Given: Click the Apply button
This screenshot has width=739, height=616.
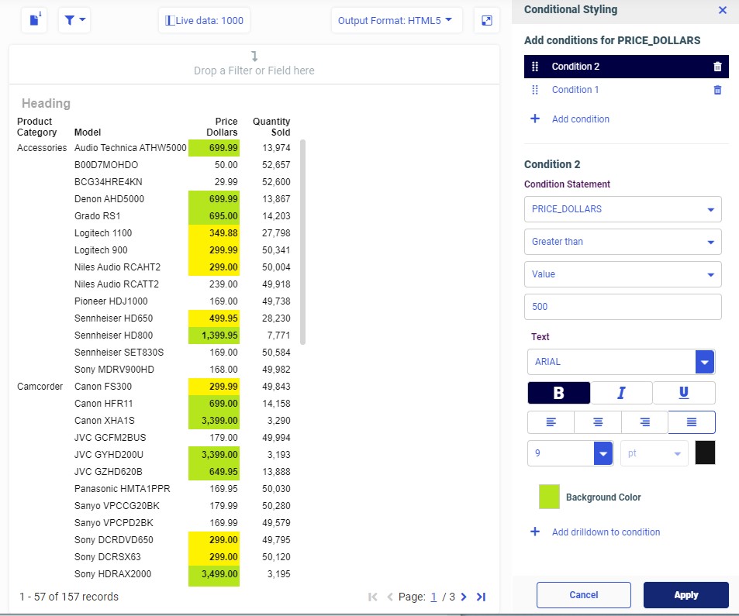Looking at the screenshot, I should (685, 595).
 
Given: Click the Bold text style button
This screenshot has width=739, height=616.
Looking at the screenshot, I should (558, 393).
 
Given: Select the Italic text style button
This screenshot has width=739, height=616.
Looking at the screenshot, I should (621, 393).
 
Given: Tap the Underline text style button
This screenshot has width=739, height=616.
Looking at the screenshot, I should (683, 393).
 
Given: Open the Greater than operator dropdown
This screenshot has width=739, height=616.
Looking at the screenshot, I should (623, 242).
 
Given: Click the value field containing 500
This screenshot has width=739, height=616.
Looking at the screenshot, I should (623, 307).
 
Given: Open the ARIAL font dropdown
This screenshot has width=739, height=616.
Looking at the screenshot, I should (705, 362).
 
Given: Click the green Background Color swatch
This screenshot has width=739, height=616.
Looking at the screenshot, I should (549, 497).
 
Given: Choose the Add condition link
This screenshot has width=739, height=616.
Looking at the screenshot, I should (580, 119).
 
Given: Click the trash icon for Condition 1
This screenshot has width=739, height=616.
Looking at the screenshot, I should (717, 90).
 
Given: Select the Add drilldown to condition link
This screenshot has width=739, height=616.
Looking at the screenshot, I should (606, 532).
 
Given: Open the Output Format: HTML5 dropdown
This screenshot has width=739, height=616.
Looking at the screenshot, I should (396, 20).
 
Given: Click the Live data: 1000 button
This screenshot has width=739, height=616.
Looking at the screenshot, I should (205, 20).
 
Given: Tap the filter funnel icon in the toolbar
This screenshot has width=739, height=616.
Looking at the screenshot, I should (74, 20).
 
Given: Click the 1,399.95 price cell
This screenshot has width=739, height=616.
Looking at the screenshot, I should (214, 336).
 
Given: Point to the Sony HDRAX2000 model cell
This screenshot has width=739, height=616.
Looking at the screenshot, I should (113, 574).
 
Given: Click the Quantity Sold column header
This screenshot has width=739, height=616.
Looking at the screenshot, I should (271, 126).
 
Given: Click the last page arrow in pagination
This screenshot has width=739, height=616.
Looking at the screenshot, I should (481, 597).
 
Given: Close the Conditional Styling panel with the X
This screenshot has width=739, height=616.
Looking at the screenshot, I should (723, 10).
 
